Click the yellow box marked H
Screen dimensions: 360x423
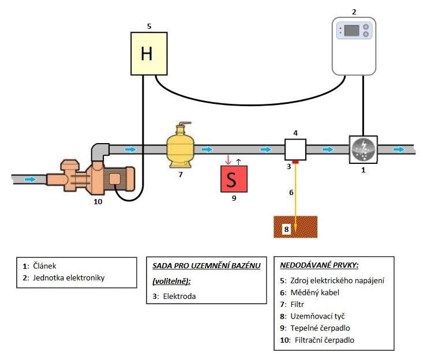147,54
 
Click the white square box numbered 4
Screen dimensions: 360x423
295,149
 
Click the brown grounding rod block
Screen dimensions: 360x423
295,227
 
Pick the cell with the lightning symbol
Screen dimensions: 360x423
363,149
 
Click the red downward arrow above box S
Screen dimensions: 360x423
227,159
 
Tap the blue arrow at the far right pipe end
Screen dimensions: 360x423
399,149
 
